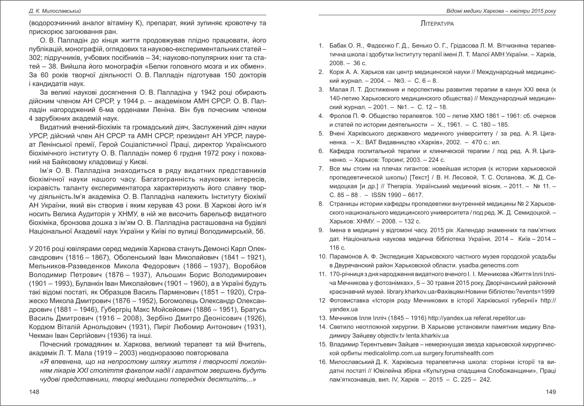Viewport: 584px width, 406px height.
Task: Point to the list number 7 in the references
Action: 321,169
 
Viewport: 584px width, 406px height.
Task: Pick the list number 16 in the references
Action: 322,363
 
